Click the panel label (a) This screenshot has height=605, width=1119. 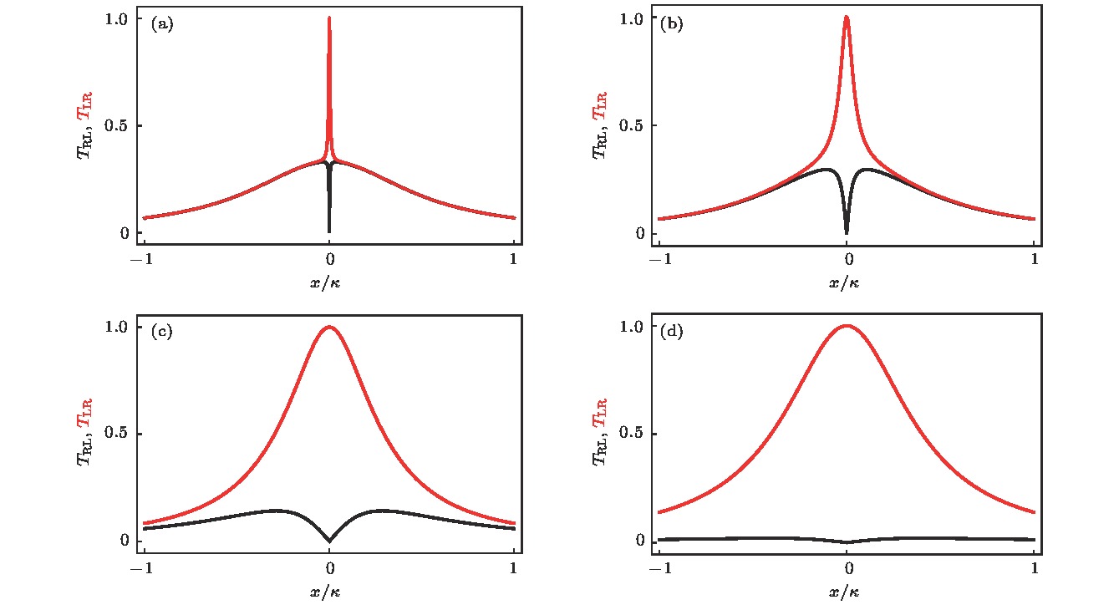click(162, 24)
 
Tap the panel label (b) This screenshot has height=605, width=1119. click(671, 24)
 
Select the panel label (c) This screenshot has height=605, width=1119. click(162, 332)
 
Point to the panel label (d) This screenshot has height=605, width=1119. click(671, 332)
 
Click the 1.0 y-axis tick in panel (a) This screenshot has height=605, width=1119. click(122, 19)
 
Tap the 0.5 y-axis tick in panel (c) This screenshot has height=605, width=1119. click(122, 434)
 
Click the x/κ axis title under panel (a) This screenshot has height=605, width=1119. click(325, 282)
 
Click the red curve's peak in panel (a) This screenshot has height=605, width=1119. click(329, 18)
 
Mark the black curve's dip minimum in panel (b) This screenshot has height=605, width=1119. click(847, 231)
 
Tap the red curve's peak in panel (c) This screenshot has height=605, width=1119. click(329, 327)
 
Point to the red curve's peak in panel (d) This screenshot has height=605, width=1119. click(847, 326)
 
